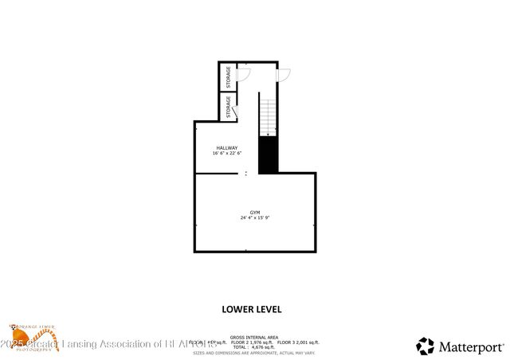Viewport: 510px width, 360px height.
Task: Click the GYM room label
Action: (x=255, y=212)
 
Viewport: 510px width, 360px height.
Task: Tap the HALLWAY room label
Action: (x=227, y=148)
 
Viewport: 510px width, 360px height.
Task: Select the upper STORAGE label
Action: (x=229, y=77)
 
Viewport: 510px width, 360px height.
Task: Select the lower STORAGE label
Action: (x=229, y=108)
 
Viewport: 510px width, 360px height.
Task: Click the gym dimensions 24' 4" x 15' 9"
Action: (x=255, y=218)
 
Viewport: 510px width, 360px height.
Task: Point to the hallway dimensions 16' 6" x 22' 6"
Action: (x=227, y=154)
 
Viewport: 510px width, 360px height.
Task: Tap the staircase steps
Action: (x=268, y=114)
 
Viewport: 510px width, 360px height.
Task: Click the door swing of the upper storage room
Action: (x=245, y=74)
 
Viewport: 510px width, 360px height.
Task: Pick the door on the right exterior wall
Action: (x=283, y=74)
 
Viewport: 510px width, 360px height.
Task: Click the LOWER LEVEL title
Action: (x=251, y=308)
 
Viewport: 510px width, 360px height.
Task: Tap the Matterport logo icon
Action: (x=426, y=346)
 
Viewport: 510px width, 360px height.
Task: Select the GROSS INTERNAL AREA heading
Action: (x=254, y=337)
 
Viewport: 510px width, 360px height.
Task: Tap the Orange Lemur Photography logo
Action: (x=32, y=337)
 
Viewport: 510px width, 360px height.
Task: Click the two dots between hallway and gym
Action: (x=246, y=173)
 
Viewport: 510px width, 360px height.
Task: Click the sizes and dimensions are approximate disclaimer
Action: (x=254, y=352)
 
